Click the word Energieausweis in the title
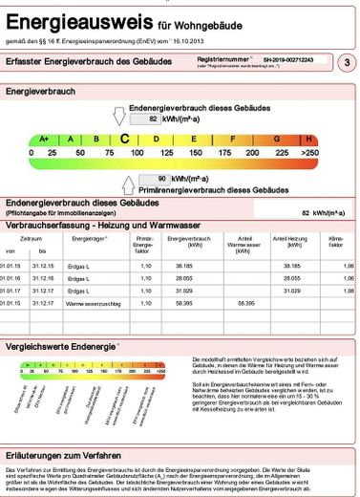pos(68,17)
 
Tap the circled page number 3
pos(345,62)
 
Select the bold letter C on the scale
pos(125,139)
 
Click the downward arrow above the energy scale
pos(119,117)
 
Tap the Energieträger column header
pos(90,238)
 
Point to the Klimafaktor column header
pos(335,241)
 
